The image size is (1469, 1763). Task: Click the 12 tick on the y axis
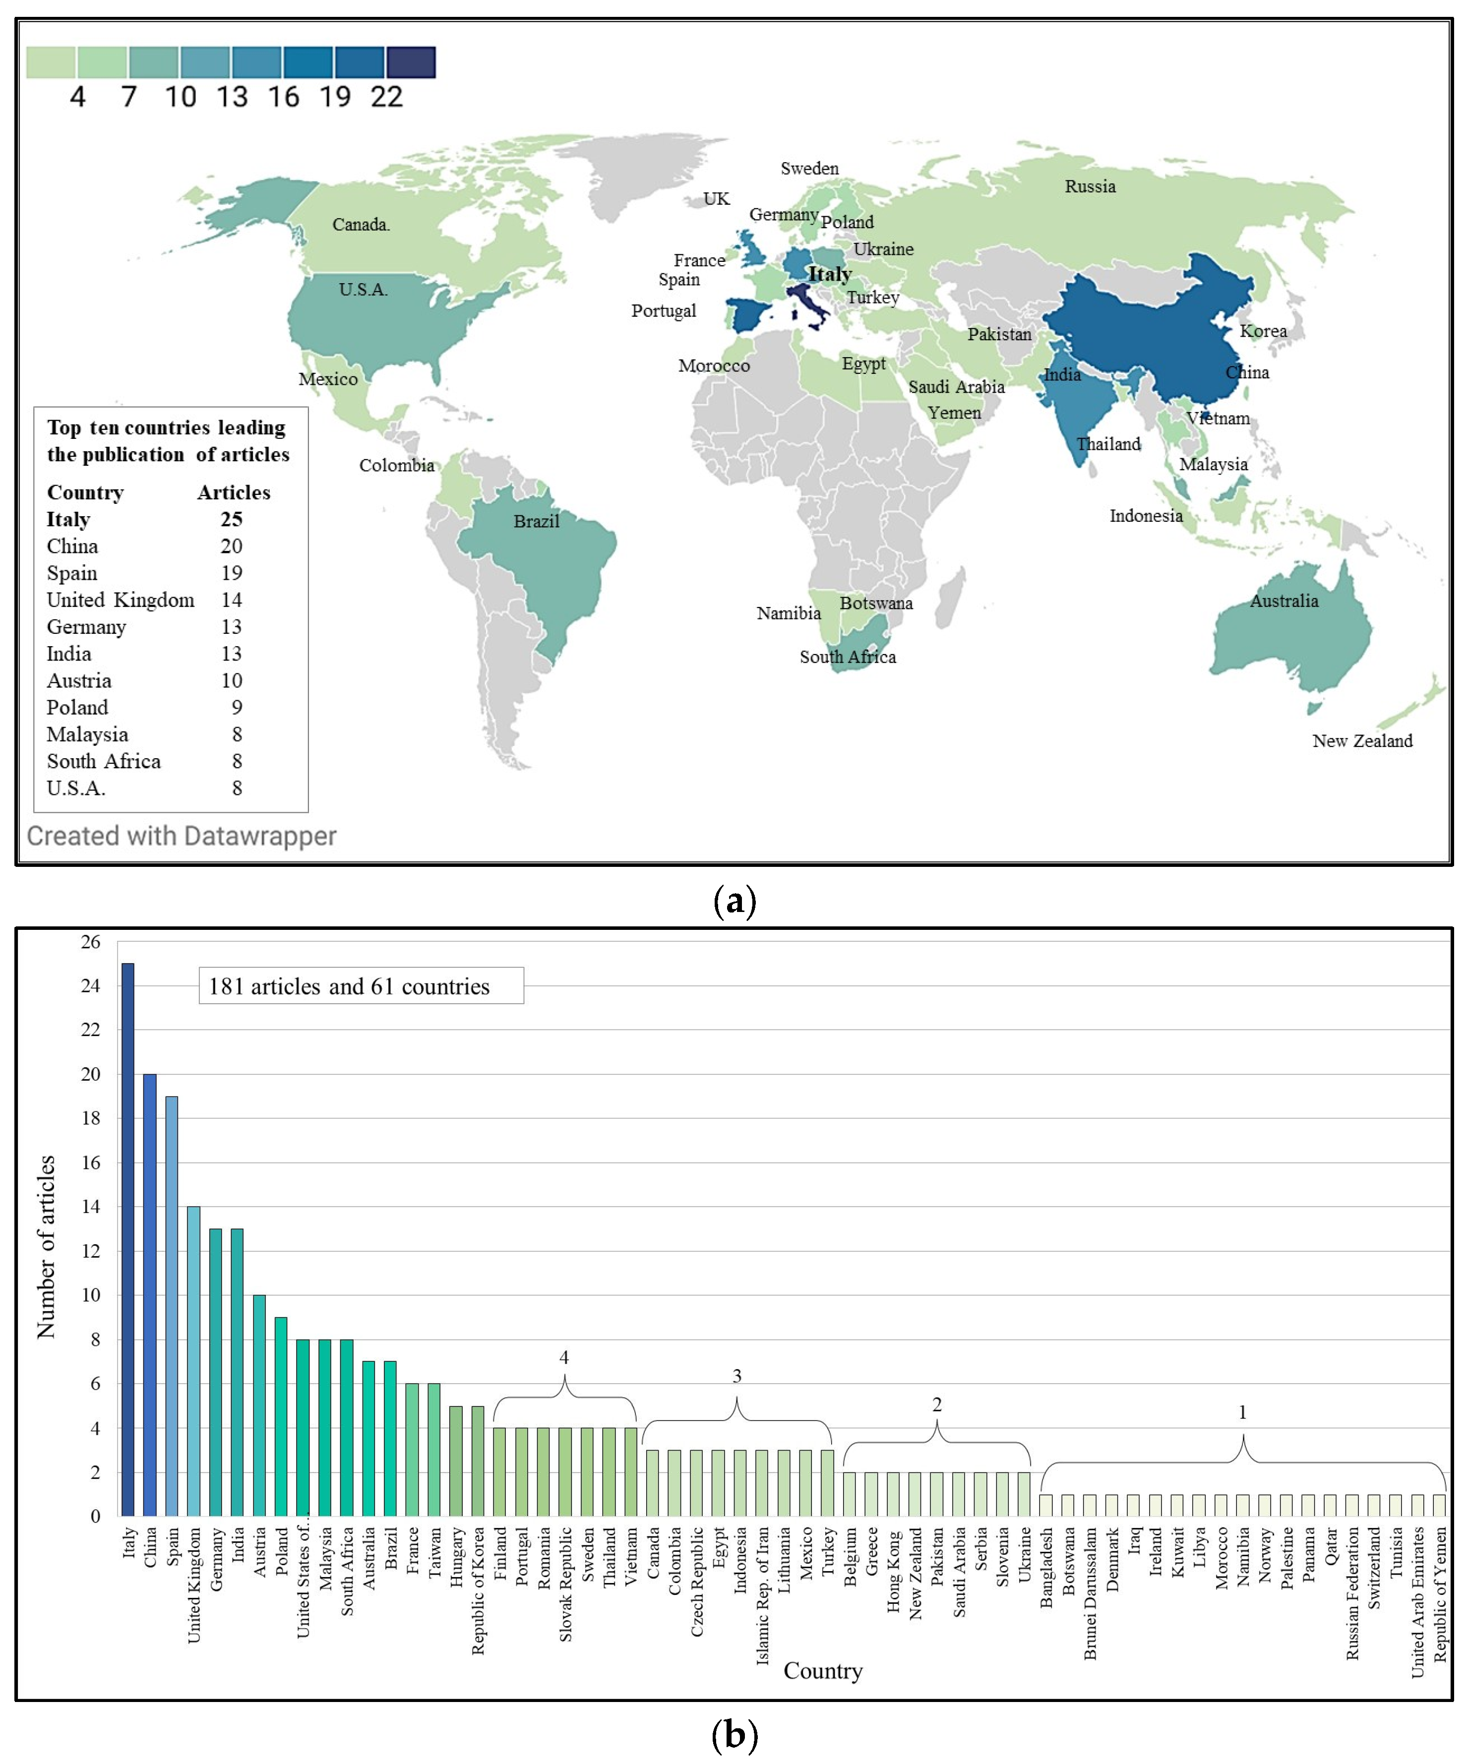[x=90, y=1251]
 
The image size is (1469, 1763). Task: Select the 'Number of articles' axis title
[x=46, y=1247]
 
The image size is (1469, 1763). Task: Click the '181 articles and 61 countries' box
[x=361, y=985]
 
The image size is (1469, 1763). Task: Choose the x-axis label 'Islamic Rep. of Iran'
[x=762, y=1595]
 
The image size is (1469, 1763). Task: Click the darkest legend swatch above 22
[x=411, y=62]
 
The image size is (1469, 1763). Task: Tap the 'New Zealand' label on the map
[x=1361, y=740]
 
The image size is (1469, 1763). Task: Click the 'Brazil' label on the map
[x=537, y=521]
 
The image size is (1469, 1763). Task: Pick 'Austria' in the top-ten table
[x=79, y=681]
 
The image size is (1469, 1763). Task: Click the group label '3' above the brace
[x=737, y=1376]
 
